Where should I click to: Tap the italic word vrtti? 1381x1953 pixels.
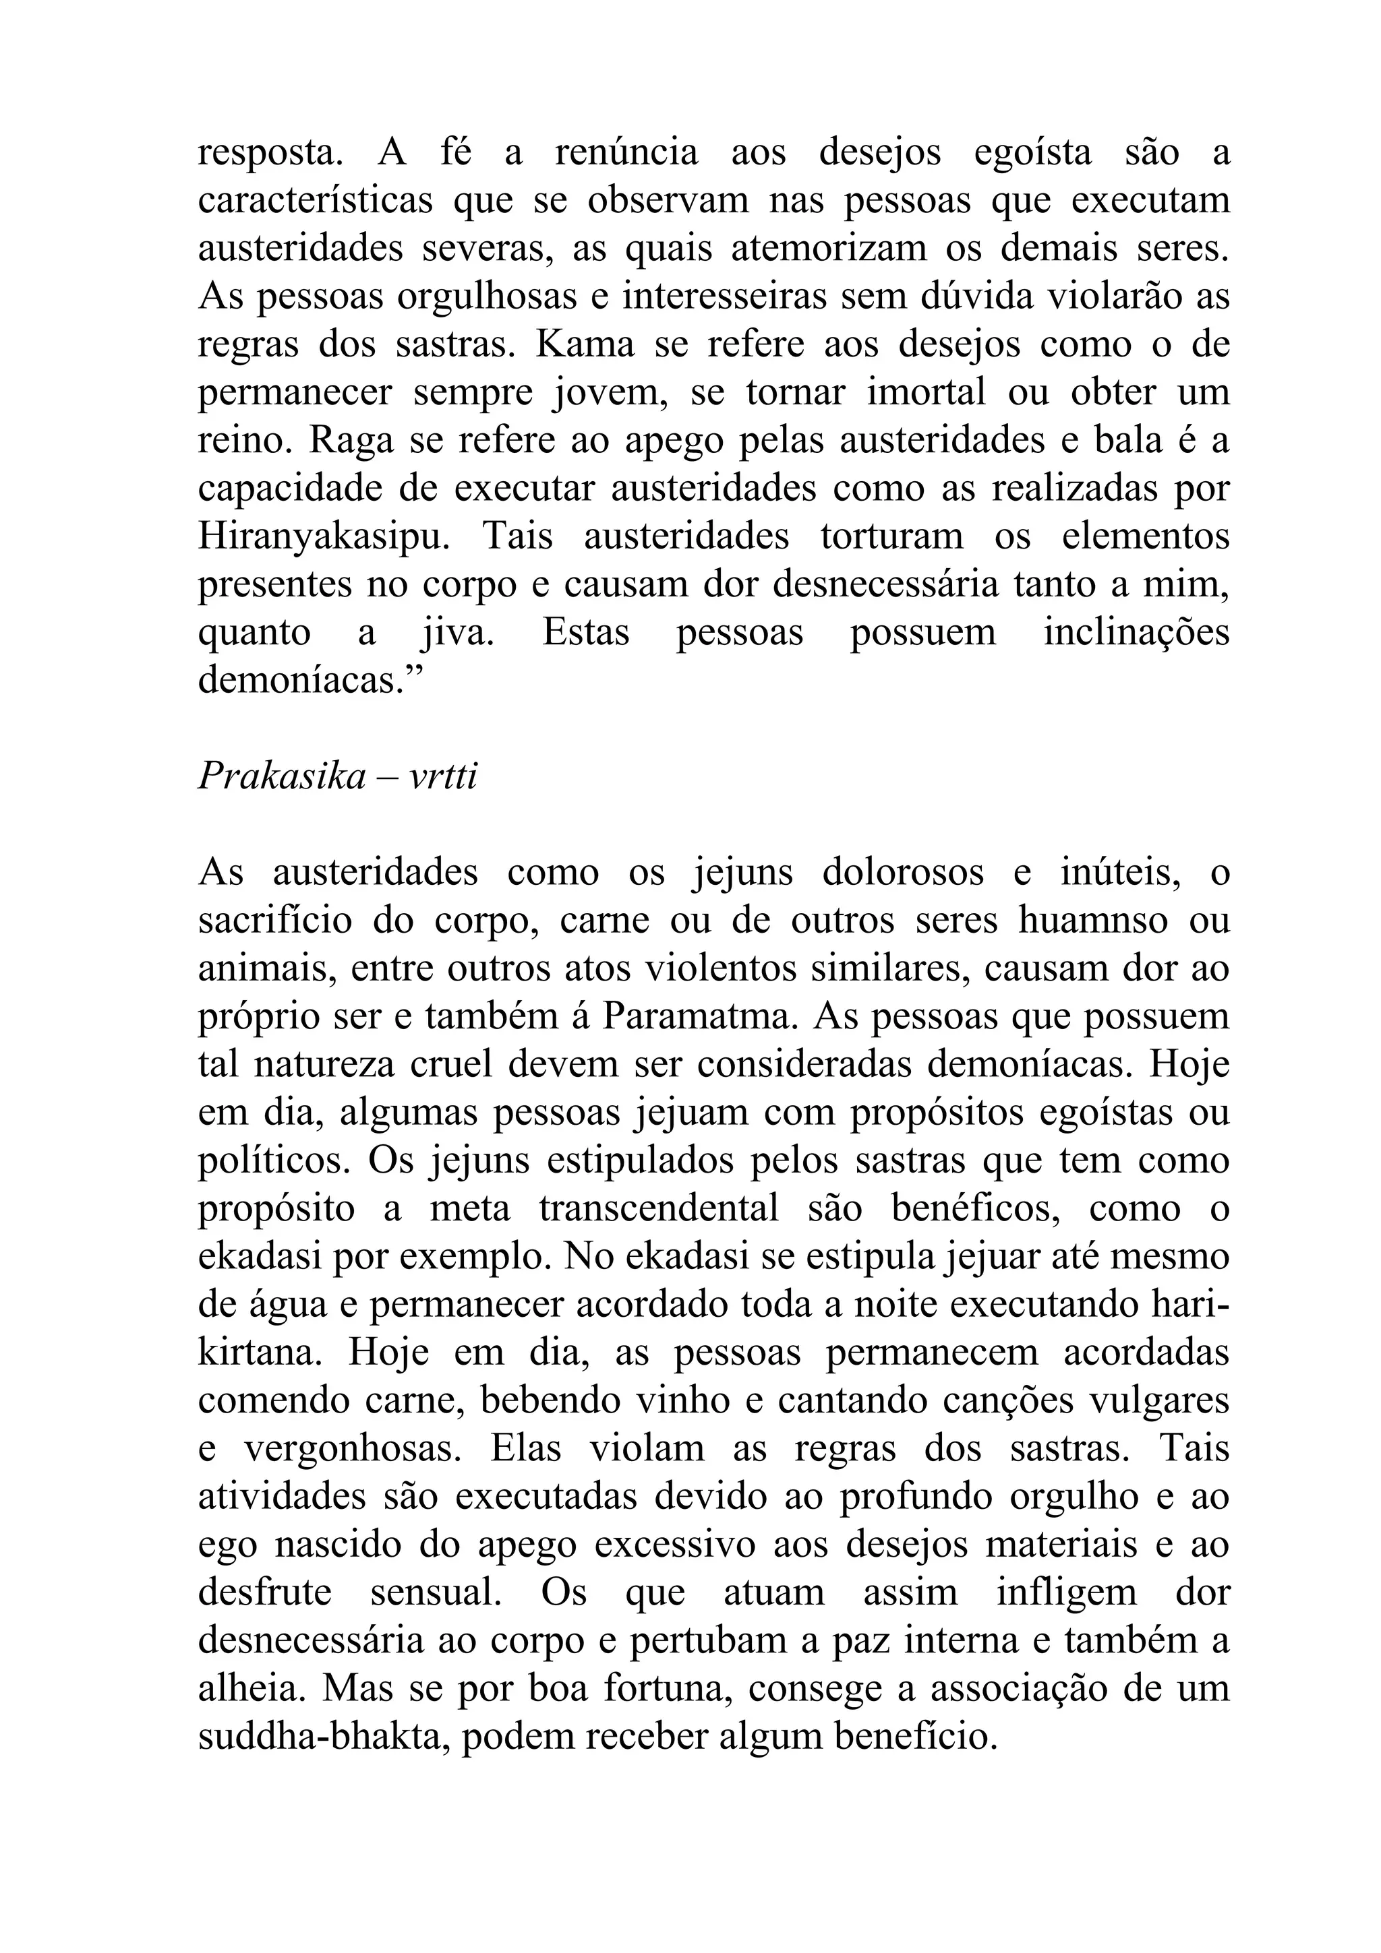coord(443,776)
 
